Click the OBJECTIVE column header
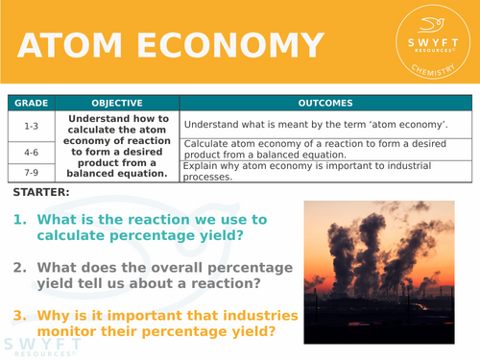116,103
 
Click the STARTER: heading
41,193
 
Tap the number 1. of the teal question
21,220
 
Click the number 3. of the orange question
21,314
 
